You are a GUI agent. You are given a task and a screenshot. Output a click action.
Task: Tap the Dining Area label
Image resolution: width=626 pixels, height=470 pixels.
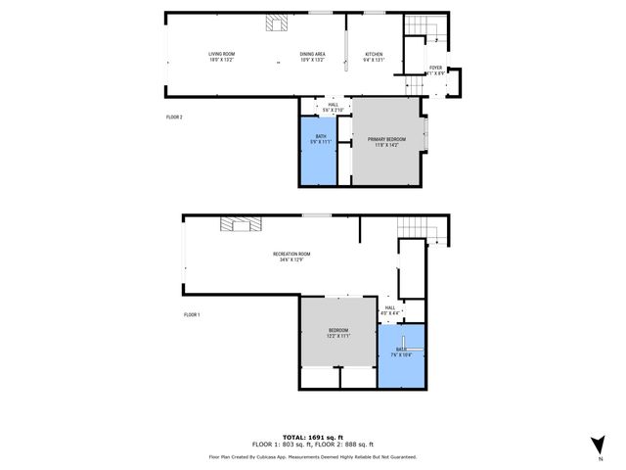[x=312, y=54]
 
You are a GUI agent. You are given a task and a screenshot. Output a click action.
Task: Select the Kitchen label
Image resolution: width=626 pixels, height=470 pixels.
[x=375, y=54]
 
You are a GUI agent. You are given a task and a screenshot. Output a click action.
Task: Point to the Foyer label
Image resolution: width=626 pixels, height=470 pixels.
[x=435, y=68]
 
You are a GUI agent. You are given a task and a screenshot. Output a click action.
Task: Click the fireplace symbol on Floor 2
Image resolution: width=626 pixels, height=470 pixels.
[x=275, y=23]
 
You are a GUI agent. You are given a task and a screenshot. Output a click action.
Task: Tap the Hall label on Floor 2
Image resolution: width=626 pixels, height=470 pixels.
[x=334, y=105]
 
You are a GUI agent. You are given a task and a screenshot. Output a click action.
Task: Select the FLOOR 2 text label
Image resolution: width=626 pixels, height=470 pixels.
[x=174, y=117]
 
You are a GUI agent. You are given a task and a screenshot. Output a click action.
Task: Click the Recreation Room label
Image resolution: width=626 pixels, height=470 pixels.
[x=291, y=255]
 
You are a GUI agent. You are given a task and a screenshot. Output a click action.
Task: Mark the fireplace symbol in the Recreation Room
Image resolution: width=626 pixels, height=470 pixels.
[x=241, y=225]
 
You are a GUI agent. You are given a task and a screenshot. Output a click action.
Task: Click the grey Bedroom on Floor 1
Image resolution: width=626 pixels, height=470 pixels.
[x=337, y=333]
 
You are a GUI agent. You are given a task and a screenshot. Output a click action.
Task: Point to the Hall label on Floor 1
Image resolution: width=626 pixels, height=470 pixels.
[x=389, y=308]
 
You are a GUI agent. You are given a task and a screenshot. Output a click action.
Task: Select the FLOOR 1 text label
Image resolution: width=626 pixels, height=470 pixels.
[x=192, y=315]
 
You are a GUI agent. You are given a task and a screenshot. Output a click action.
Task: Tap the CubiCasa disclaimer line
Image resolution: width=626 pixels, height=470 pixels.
[x=313, y=456]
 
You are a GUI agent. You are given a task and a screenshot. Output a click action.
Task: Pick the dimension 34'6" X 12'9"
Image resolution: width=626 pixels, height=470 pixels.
[x=291, y=259]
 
